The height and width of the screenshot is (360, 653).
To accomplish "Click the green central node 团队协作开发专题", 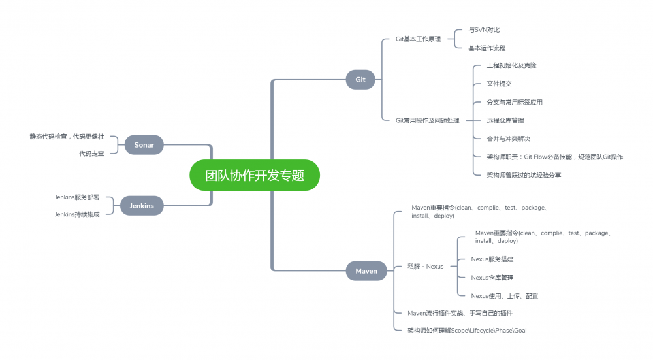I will [x=255, y=175].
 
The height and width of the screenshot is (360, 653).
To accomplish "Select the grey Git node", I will [x=360, y=80].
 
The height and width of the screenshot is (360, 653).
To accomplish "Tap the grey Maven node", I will [x=366, y=271].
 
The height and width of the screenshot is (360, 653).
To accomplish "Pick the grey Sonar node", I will [x=144, y=145].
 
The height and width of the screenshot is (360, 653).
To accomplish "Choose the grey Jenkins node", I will [x=142, y=206].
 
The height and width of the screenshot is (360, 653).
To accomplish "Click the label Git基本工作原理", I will [x=418, y=39].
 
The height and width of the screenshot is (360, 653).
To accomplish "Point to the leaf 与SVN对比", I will [x=484, y=30].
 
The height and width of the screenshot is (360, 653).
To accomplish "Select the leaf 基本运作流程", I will [x=486, y=48].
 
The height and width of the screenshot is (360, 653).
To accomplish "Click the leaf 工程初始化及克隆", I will [x=511, y=65].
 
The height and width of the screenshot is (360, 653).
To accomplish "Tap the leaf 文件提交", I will [x=499, y=84].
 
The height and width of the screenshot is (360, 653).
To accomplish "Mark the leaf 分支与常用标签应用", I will [x=515, y=102].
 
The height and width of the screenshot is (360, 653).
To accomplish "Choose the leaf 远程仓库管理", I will [x=505, y=120].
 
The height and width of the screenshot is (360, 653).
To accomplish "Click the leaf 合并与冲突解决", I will [x=508, y=139].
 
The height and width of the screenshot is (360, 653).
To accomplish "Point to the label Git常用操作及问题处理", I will [x=427, y=120].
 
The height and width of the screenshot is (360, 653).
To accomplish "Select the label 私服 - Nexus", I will [x=425, y=266].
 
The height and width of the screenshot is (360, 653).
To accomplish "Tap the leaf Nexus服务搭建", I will [x=492, y=259].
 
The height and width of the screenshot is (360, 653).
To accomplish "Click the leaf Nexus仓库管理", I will [x=492, y=278].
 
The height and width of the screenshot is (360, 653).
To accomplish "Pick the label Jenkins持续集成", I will [x=77, y=214].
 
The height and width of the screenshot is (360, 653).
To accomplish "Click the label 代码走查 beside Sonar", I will [x=91, y=154].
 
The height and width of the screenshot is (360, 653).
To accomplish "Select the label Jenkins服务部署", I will [x=77, y=197].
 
